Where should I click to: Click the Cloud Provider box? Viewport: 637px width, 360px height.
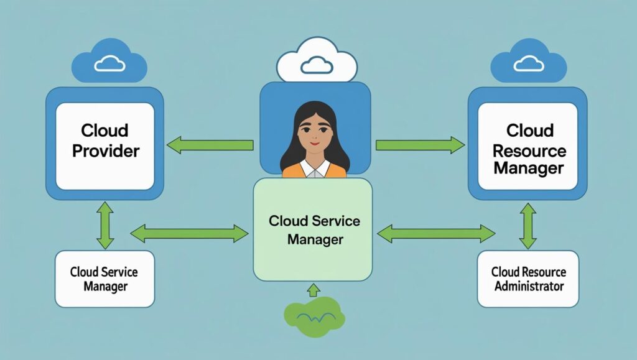point(105,145)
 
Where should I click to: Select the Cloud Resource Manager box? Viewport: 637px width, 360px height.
point(528,145)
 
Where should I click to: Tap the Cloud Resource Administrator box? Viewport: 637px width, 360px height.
point(528,279)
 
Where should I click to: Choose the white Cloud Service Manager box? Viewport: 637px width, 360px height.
point(104,279)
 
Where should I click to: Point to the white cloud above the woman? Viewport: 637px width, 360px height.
point(317,61)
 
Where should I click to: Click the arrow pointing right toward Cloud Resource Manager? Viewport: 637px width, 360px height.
point(420,145)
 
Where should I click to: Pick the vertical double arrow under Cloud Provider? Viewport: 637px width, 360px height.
point(105,225)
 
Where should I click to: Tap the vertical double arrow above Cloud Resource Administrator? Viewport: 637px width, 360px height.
point(528,225)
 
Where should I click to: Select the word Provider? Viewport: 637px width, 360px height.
point(106,150)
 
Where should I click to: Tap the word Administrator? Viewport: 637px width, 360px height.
point(529,286)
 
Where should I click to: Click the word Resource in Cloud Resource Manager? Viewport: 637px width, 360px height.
point(529,150)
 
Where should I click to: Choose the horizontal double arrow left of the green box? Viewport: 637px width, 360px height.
point(190,234)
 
